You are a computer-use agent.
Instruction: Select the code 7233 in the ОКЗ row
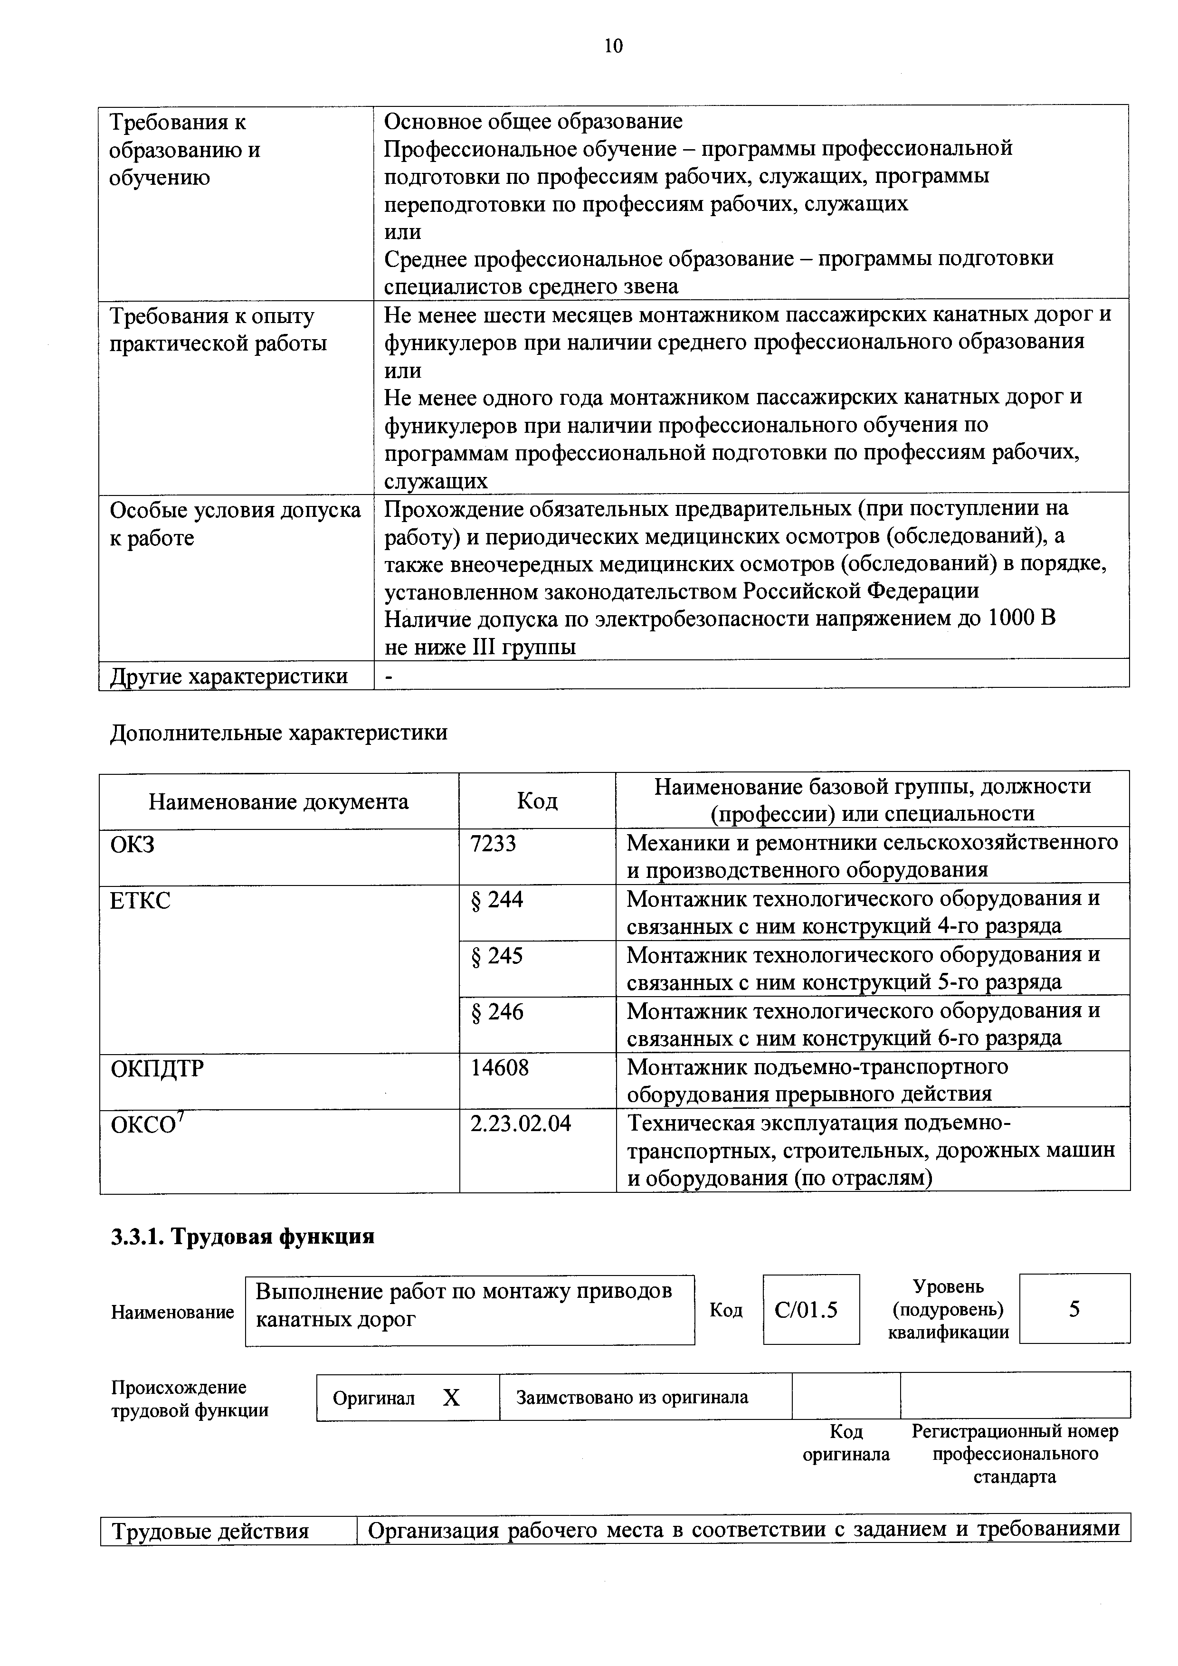click(x=493, y=843)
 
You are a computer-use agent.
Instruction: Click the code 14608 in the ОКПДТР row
click(x=500, y=1067)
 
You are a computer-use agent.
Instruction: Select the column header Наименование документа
click(x=278, y=801)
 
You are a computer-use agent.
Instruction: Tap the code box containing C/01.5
click(x=810, y=1310)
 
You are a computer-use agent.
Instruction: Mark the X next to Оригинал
click(x=451, y=1398)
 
